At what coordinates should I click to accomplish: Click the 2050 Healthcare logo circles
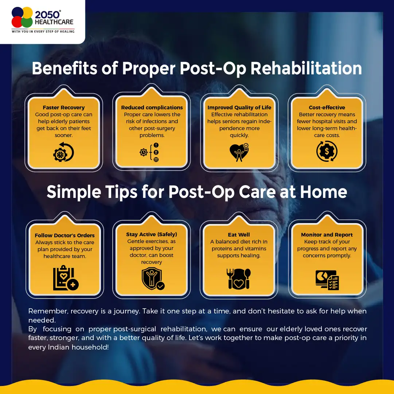(x=22, y=17)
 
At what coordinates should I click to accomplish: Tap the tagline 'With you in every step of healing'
(x=43, y=31)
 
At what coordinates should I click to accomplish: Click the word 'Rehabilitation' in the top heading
(x=306, y=69)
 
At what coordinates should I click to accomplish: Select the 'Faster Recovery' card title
(x=63, y=108)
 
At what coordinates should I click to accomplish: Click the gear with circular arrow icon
(x=63, y=152)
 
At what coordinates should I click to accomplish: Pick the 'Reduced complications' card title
(x=152, y=108)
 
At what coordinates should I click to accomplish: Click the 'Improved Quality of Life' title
(x=239, y=108)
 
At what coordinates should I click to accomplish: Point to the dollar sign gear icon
(x=327, y=151)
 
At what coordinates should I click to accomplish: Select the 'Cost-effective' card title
(x=327, y=108)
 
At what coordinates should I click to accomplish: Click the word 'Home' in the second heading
(x=323, y=192)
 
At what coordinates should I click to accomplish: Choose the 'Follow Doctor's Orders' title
(x=65, y=235)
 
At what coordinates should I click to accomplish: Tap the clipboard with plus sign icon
(x=66, y=278)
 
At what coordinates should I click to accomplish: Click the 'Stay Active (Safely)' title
(x=152, y=234)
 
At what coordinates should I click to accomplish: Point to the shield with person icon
(x=153, y=278)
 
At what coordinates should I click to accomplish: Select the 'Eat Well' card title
(x=239, y=235)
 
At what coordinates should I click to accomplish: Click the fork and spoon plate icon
(x=238, y=279)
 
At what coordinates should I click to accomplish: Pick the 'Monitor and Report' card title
(x=327, y=235)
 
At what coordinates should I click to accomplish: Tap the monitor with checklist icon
(x=327, y=280)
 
